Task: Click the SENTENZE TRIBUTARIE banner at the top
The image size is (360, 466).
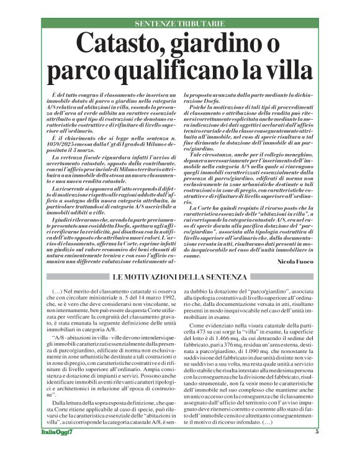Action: click(180, 24)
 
